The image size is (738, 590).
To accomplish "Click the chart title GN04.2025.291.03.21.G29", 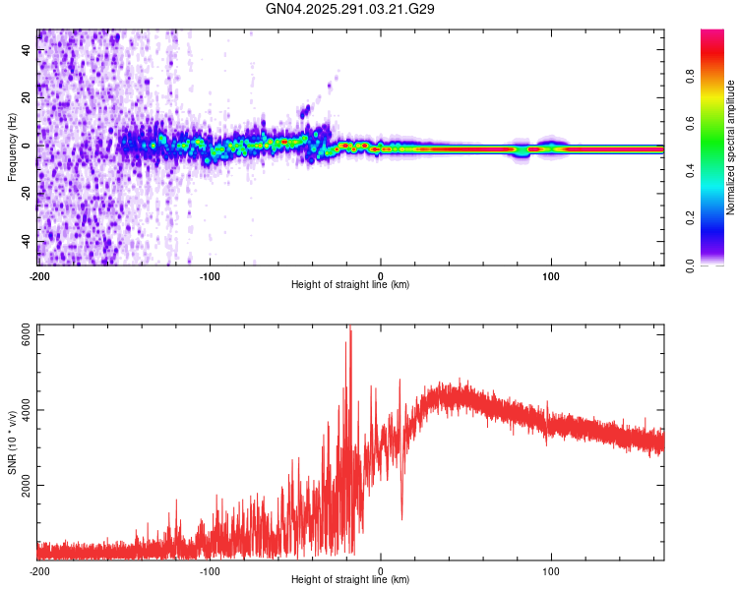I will tap(350, 9).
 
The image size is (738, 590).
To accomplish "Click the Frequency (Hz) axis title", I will tap(11, 147).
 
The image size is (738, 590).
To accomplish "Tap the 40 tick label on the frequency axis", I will tap(28, 50).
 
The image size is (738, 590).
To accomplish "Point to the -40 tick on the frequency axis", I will tap(28, 242).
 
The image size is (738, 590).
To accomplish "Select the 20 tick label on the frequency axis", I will tap(28, 98).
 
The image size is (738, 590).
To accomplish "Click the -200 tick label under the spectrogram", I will tap(39, 275).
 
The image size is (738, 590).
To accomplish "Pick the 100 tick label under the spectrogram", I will tap(551, 275).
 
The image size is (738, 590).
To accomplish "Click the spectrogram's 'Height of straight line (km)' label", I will tap(350, 285).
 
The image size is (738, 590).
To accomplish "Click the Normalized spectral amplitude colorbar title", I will tap(731, 147).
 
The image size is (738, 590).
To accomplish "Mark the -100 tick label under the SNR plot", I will tap(210, 570).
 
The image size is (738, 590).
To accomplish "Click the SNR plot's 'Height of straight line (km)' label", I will tap(350, 580).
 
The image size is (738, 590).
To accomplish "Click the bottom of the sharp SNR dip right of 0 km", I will tap(401, 519).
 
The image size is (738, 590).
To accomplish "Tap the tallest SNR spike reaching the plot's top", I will tap(349, 331).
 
